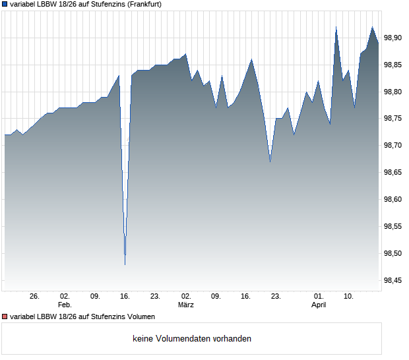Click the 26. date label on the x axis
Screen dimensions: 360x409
tap(35, 296)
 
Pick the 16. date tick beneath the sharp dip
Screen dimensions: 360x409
tap(125, 296)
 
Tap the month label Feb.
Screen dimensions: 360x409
tap(65, 305)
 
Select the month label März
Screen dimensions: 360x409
tap(186, 305)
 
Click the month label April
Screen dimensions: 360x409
tap(319, 305)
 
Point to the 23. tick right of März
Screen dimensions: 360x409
tap(276, 296)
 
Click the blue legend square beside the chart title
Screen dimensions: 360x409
tap(5, 4)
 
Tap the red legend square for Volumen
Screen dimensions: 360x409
tap(5, 316)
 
